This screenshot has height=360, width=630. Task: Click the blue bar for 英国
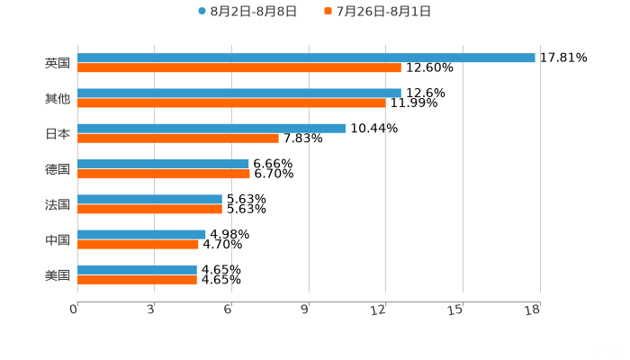(x=306, y=58)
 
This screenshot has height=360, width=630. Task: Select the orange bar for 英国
(x=239, y=67)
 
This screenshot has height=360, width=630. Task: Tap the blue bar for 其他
(x=239, y=93)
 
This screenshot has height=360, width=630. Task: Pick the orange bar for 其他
(x=231, y=103)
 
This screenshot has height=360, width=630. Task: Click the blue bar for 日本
(x=211, y=128)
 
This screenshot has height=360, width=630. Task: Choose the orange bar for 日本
(x=178, y=138)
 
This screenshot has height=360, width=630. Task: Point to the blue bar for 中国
(x=141, y=234)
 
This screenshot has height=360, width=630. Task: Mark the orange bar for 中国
(x=138, y=244)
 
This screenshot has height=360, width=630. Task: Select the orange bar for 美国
(x=137, y=279)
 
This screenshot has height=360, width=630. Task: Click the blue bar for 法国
(x=149, y=199)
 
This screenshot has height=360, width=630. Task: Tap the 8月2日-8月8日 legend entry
(x=247, y=12)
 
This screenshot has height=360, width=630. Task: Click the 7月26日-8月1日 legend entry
(x=378, y=12)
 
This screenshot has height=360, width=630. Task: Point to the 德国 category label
(x=58, y=169)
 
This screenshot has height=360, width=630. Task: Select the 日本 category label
(x=58, y=133)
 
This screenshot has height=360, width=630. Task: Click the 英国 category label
(x=58, y=63)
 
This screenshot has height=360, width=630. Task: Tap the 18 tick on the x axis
(x=533, y=310)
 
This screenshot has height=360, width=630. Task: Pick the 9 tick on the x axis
(x=305, y=310)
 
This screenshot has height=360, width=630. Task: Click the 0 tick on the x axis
(x=74, y=310)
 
